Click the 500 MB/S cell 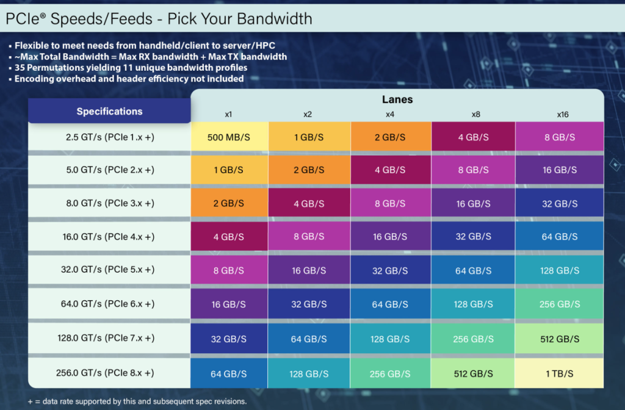pyautogui.click(x=229, y=137)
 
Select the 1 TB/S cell pyautogui.click(x=560, y=373)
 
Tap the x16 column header pyautogui.click(x=562, y=114)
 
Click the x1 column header pyautogui.click(x=228, y=114)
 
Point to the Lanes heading pyautogui.click(x=397, y=99)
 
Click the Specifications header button pyautogui.click(x=109, y=112)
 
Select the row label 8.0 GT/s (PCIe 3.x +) pyautogui.click(x=109, y=203)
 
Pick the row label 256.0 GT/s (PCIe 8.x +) pyautogui.click(x=109, y=373)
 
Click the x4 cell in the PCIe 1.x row pyautogui.click(x=391, y=137)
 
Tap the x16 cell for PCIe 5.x pyautogui.click(x=560, y=270)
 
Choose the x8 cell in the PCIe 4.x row pyautogui.click(x=473, y=237)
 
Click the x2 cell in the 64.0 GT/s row pyautogui.click(x=309, y=304)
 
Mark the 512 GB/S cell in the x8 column pyautogui.click(x=473, y=373)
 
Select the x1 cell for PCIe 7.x pyautogui.click(x=229, y=339)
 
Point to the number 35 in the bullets pyautogui.click(x=20, y=68)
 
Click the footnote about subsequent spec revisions pyautogui.click(x=137, y=401)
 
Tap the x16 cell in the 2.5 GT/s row pyautogui.click(x=560, y=137)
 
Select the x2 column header pyautogui.click(x=308, y=114)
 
